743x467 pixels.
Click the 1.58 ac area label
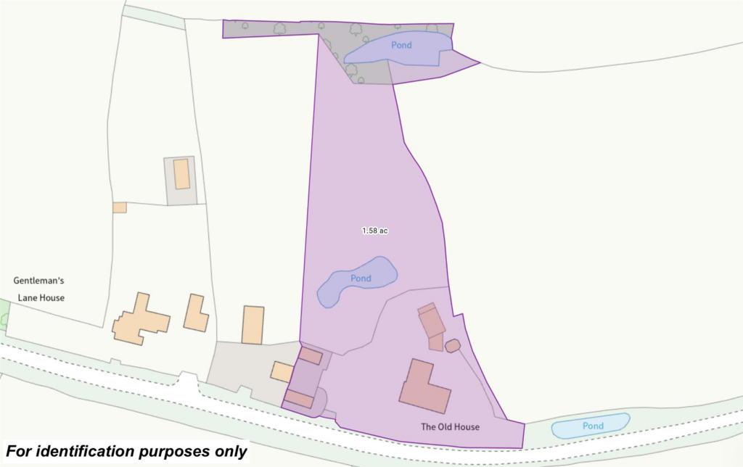tap(375, 231)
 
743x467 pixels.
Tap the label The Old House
tap(450, 426)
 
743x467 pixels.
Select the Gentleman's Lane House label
tap(39, 289)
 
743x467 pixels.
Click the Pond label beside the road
tap(593, 426)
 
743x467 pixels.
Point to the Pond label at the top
tap(401, 45)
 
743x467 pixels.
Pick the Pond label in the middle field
tap(361, 278)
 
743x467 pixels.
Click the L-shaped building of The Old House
tap(424, 385)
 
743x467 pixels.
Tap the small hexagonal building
tap(453, 346)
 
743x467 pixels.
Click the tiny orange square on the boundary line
tap(120, 207)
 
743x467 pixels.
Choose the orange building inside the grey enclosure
tap(182, 174)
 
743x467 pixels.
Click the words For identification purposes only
tap(126, 451)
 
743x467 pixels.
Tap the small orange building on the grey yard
tap(282, 372)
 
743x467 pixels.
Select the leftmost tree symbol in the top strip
tap(245, 27)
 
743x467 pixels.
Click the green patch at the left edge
tap(3, 317)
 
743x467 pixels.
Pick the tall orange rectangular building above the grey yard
tap(253, 325)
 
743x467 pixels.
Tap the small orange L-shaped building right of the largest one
tap(195, 313)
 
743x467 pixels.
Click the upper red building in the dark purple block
tap(311, 355)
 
